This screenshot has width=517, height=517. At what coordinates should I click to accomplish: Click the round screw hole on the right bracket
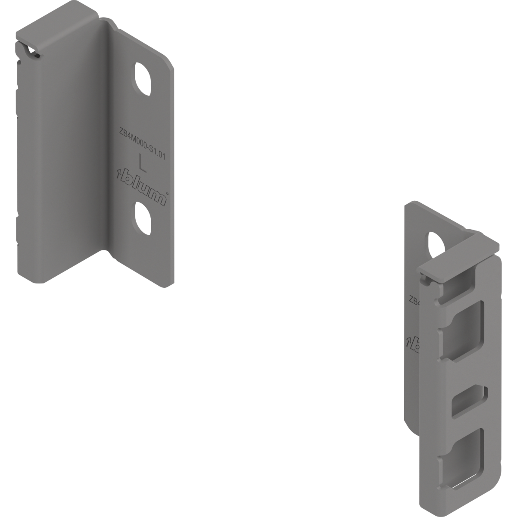click(x=433, y=241)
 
